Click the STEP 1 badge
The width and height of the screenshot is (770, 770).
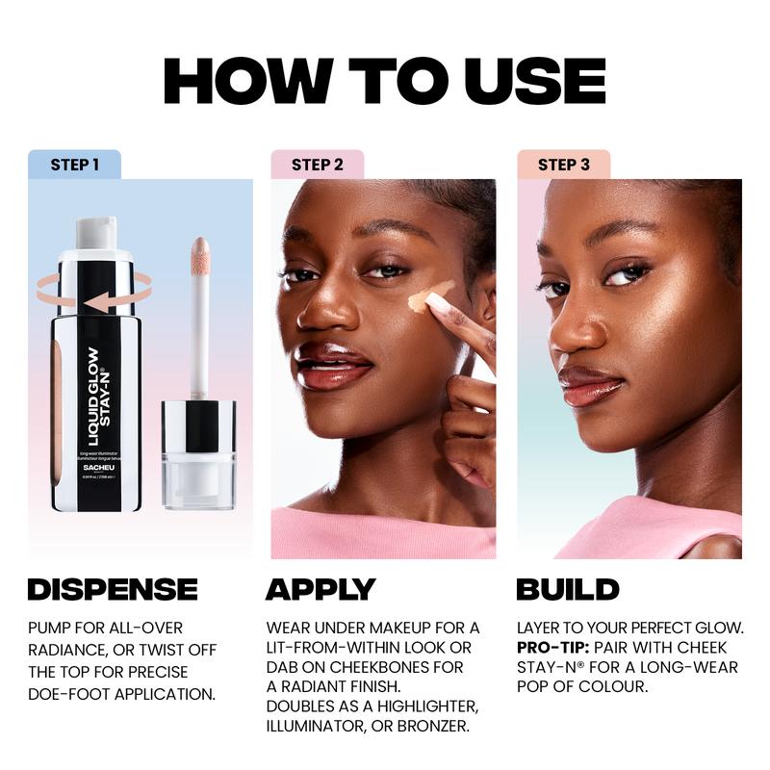[74, 165]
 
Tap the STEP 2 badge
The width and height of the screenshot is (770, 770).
[317, 165]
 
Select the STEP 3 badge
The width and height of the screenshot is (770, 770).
[563, 165]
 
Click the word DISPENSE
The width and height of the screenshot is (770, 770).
[113, 589]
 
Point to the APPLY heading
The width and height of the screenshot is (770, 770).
[321, 589]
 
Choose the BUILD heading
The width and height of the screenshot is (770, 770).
[567, 589]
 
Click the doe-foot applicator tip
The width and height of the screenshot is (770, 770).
[200, 253]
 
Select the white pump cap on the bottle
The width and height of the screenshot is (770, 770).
[96, 233]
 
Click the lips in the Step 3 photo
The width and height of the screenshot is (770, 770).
[590, 384]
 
